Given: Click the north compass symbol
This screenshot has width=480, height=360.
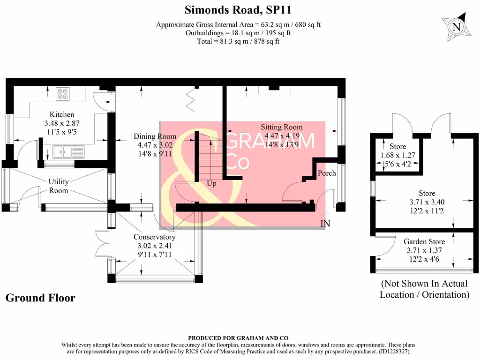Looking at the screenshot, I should click(455, 27).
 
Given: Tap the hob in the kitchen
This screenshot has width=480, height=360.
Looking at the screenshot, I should click(63, 94).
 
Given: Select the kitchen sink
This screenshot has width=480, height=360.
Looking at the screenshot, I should click(62, 152).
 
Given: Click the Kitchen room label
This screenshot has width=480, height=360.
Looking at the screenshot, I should click(62, 114).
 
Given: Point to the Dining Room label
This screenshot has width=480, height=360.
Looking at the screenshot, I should click(155, 136).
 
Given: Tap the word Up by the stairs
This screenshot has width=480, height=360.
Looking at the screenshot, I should click(212, 184).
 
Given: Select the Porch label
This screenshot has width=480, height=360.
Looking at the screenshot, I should click(327, 173).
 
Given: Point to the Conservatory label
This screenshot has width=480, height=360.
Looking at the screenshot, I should click(154, 237).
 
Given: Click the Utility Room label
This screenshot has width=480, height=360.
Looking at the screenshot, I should click(59, 186).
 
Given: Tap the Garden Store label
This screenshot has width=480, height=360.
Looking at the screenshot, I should click(424, 241).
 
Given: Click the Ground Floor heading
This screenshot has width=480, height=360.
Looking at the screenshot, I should click(40, 298).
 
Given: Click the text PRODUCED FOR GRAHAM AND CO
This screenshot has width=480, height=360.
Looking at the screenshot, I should click(238, 338).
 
